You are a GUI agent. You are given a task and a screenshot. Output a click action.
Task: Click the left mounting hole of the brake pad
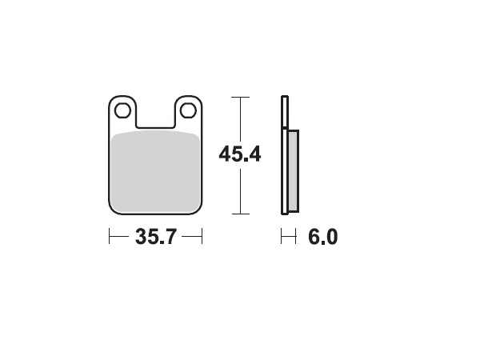[122, 110]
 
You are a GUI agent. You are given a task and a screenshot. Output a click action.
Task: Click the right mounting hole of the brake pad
[188, 110]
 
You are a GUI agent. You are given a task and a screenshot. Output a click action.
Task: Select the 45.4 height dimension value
[240, 154]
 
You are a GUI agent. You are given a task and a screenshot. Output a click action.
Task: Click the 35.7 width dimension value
[155, 238]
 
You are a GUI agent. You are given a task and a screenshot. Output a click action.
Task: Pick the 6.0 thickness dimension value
[322, 238]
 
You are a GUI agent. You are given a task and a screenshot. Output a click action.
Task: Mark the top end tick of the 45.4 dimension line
[240, 98]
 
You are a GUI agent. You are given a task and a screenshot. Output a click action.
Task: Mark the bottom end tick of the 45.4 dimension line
[240, 214]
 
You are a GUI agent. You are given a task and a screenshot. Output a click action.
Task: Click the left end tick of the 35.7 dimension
[109, 238]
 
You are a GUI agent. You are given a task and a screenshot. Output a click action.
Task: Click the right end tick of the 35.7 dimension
[202, 238]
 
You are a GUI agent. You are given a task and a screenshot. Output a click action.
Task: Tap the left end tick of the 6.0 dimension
[282, 238]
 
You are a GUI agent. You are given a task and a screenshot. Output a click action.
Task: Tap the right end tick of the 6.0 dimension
[298, 238]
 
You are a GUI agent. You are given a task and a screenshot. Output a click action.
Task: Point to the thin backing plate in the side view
[284, 156]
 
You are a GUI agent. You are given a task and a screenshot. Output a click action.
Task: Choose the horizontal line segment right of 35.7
[191, 238]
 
